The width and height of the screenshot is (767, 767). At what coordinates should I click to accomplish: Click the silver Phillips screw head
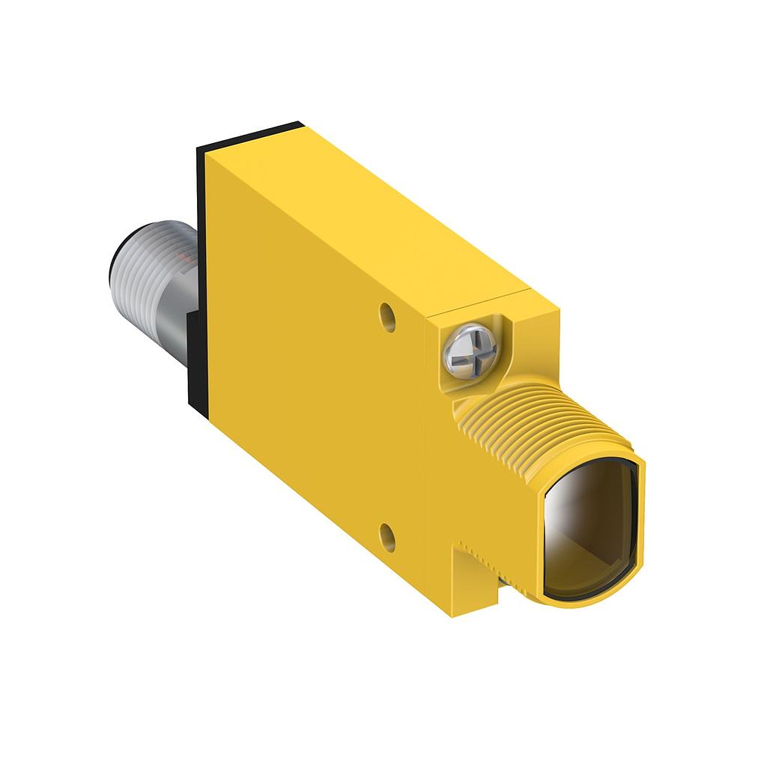[470, 351]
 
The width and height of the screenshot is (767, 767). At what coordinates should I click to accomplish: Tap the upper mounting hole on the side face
[387, 317]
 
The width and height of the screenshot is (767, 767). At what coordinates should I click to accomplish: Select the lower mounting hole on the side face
[387, 537]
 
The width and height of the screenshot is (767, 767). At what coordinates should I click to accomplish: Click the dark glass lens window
[592, 528]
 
